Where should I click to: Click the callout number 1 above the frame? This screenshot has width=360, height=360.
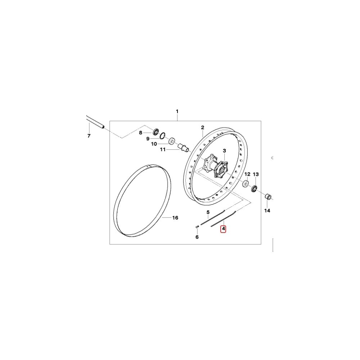click(x=177, y=111)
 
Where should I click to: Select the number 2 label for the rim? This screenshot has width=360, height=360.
click(x=202, y=127)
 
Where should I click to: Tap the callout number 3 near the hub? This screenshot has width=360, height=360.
click(x=224, y=150)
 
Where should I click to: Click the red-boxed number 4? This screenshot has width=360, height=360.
click(x=223, y=229)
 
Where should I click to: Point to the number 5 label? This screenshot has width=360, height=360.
click(x=208, y=212)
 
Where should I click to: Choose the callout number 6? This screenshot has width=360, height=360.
click(x=197, y=237)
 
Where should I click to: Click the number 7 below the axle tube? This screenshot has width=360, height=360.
click(x=89, y=136)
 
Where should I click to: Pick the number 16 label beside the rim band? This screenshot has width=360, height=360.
click(x=175, y=217)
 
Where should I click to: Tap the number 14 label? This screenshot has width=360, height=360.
click(x=267, y=211)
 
